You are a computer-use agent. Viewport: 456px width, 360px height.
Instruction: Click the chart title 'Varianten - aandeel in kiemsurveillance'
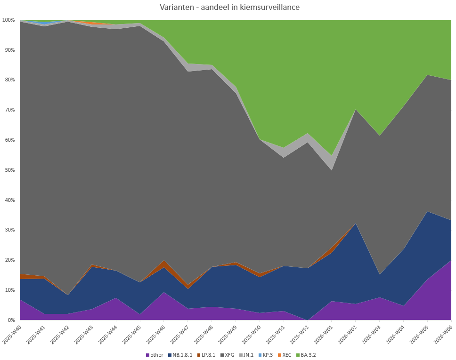(x=229, y=7)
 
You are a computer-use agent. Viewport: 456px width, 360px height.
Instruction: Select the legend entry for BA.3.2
(x=308, y=354)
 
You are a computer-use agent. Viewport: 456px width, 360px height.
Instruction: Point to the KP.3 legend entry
(x=268, y=354)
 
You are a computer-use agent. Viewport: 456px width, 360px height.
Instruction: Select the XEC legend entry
(x=286, y=354)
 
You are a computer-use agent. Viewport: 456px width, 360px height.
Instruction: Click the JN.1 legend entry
(x=248, y=354)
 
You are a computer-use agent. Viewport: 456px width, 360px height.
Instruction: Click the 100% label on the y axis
(x=8, y=20)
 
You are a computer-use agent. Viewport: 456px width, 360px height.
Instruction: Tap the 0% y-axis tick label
(x=10, y=320)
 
